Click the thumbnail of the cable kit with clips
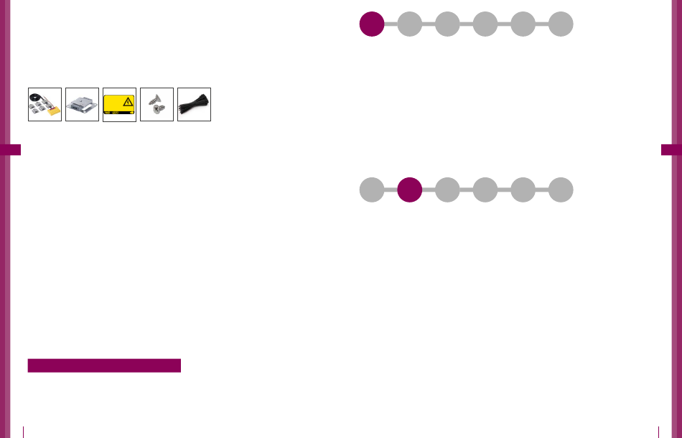point(45,104)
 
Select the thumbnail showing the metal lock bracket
point(82,104)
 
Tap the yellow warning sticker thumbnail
point(119,104)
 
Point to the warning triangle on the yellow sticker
point(128,101)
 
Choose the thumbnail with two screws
point(157,104)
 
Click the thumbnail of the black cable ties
point(194,104)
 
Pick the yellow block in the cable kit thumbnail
point(52,113)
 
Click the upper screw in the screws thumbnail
point(154,98)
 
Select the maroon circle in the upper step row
point(371,24)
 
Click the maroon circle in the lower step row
point(409,190)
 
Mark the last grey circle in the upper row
point(561,24)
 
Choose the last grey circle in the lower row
point(561,190)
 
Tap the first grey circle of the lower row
point(371,190)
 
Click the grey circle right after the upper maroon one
point(409,24)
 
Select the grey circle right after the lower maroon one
point(447,190)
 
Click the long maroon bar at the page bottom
point(104,366)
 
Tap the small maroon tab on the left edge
point(11,149)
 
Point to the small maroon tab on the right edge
point(671,149)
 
